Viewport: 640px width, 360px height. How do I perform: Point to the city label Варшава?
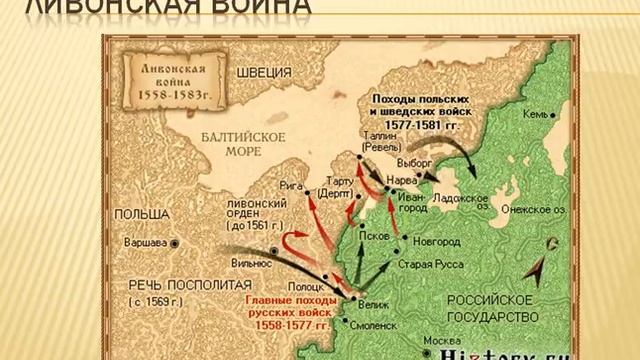click(147, 243)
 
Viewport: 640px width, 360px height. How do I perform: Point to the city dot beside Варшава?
click(176, 243)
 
